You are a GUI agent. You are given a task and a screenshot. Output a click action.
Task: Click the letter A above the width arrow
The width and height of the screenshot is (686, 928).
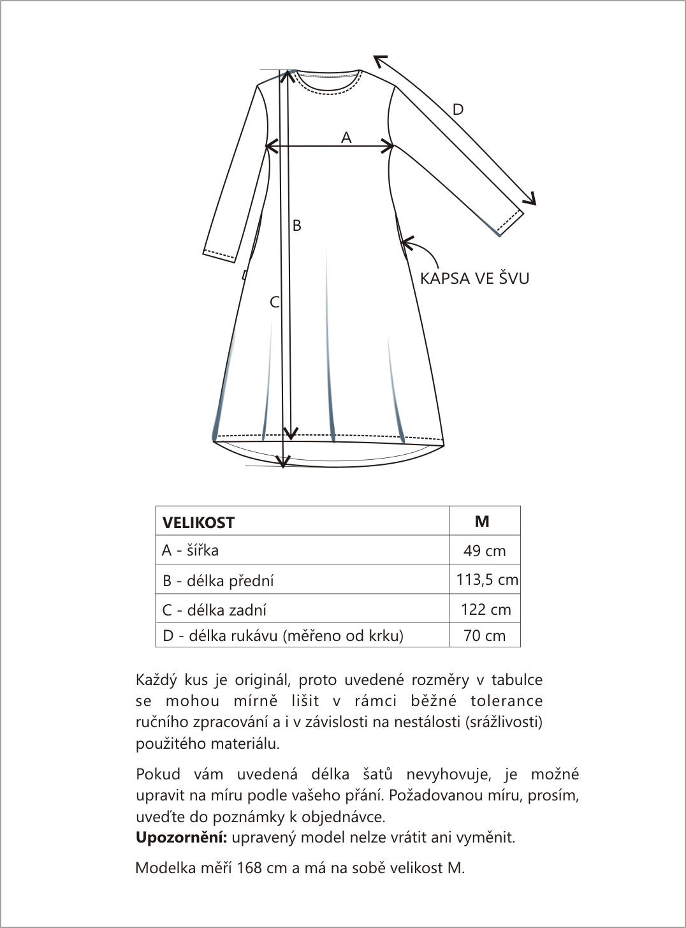pyautogui.click(x=346, y=137)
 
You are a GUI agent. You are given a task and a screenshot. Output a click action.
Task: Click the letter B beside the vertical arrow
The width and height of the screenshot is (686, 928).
pyautogui.click(x=296, y=225)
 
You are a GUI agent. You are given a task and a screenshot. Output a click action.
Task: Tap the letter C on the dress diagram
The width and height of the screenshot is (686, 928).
pyautogui.click(x=275, y=302)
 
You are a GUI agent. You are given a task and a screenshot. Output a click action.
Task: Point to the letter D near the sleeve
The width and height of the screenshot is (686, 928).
pyautogui.click(x=458, y=110)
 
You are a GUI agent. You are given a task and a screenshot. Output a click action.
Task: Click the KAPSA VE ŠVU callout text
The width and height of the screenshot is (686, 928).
pyautogui.click(x=474, y=278)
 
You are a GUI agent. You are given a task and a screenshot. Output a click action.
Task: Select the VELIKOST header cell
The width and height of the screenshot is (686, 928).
pyautogui.click(x=199, y=522)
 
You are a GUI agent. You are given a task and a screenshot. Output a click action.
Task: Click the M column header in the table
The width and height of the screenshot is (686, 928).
pyautogui.click(x=483, y=521)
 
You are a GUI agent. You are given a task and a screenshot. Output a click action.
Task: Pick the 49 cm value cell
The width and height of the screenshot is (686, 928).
pyautogui.click(x=485, y=551)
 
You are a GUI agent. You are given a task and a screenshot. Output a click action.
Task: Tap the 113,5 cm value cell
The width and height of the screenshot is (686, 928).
pyautogui.click(x=487, y=580)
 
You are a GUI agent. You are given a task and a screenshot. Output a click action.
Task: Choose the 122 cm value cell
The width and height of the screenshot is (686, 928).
pyautogui.click(x=486, y=610)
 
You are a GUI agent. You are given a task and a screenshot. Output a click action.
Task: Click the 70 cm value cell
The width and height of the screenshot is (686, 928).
pyautogui.click(x=485, y=635)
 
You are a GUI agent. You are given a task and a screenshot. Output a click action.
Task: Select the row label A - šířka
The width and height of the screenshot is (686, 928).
pyautogui.click(x=191, y=550)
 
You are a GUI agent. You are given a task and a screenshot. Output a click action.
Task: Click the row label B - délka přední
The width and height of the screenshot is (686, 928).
pyautogui.click(x=218, y=580)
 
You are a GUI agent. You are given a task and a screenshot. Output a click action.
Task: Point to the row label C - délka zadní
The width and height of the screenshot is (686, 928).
pyautogui.click(x=214, y=610)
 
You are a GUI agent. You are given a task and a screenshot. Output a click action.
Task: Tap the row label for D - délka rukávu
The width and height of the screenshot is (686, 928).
pyautogui.click(x=283, y=635)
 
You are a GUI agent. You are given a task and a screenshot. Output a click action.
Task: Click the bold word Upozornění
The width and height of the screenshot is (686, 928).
pyautogui.click(x=181, y=837)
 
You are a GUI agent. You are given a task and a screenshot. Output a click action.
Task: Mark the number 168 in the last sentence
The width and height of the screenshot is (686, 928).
pyautogui.click(x=249, y=868)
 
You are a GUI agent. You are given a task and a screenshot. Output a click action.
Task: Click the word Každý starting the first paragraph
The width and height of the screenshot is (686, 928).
pyautogui.click(x=157, y=680)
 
